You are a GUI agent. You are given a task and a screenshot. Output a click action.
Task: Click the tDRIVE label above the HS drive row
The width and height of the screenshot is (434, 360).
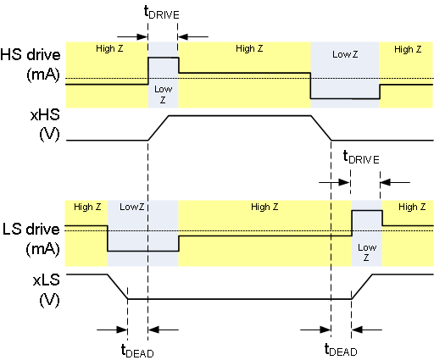(163, 14)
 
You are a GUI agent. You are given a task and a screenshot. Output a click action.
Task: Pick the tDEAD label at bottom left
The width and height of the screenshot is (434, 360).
(137, 349)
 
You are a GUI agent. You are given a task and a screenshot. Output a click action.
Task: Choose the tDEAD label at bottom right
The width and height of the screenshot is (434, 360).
(341, 349)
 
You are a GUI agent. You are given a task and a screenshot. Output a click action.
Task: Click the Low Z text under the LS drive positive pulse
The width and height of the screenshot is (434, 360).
(366, 252)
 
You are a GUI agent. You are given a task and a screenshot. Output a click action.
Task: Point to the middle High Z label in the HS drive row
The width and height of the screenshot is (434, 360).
(249, 48)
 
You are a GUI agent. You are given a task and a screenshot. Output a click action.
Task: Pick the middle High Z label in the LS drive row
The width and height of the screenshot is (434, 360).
(260, 207)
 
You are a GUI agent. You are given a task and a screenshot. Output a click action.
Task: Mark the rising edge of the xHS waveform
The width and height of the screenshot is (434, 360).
(159, 127)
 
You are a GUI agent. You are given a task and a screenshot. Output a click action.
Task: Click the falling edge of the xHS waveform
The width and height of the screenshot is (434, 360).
(320, 127)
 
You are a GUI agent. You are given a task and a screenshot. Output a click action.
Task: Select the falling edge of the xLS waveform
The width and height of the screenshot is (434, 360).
(117, 286)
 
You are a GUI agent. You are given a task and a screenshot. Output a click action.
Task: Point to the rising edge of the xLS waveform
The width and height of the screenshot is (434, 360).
(362, 286)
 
